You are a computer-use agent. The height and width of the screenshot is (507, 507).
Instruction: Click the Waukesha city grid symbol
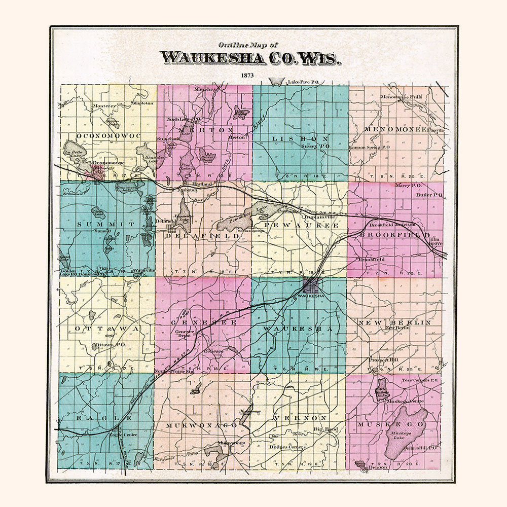point(311,285)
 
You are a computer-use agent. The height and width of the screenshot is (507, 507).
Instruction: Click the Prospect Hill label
point(383,359)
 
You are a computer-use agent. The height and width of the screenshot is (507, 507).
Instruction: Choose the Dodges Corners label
point(287,447)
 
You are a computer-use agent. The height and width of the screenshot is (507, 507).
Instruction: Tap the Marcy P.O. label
point(404,186)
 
